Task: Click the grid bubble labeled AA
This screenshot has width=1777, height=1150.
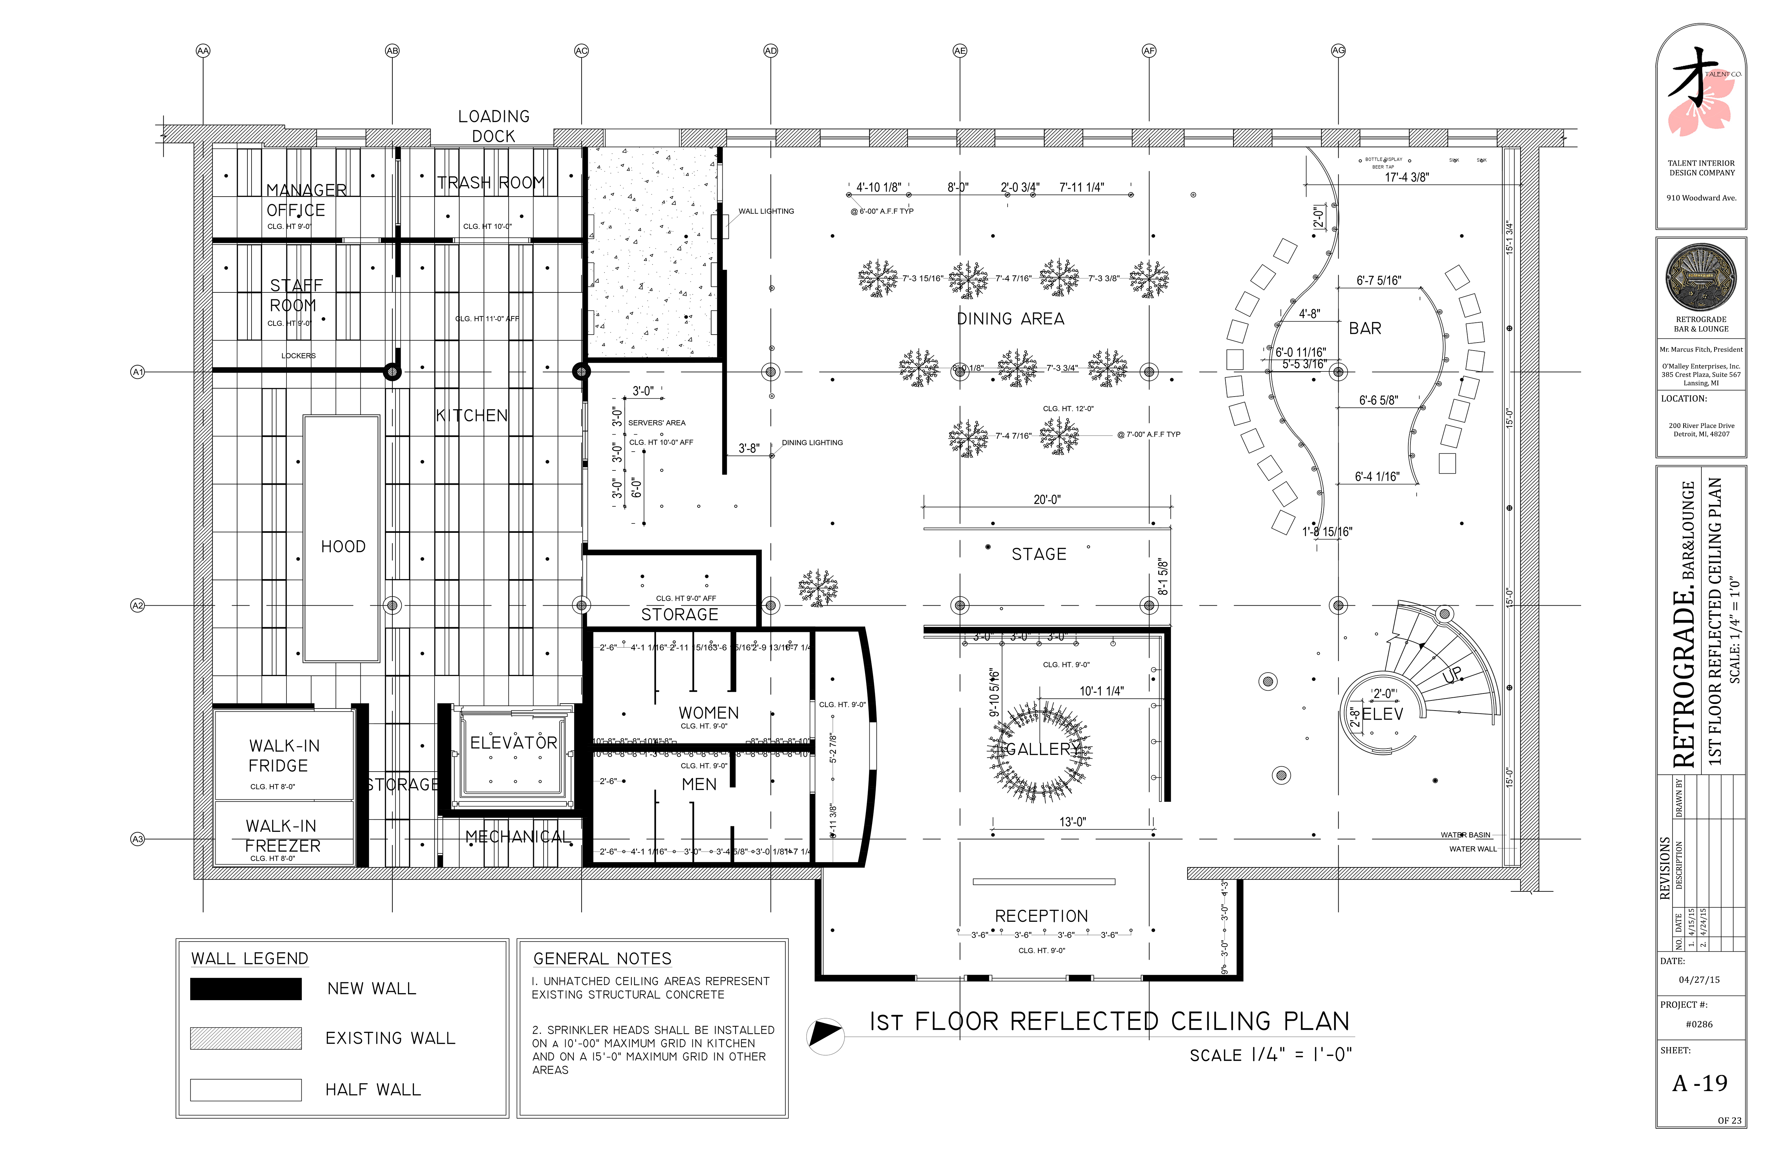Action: (x=202, y=51)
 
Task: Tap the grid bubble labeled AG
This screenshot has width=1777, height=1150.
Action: (x=1338, y=51)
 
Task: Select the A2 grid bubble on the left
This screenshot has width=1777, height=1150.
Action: (x=137, y=606)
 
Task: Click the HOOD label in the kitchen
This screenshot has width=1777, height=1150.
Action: (x=343, y=547)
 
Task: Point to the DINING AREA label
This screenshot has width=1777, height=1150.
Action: (x=1010, y=319)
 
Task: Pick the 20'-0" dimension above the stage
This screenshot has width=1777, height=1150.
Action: (x=1047, y=500)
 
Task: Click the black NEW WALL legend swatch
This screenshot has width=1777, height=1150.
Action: (x=246, y=989)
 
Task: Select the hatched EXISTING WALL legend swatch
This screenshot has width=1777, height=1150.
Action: (x=246, y=1038)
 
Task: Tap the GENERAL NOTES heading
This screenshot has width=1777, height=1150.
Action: (x=602, y=959)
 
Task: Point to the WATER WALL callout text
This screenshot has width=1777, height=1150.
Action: (x=1472, y=849)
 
